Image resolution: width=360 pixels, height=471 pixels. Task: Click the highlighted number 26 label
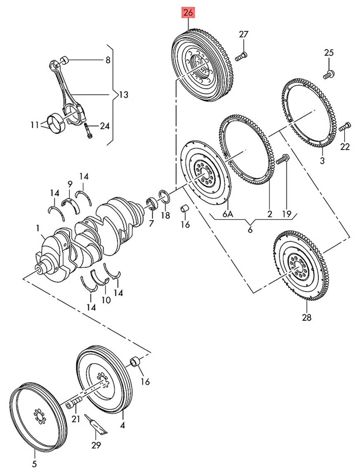[188, 12]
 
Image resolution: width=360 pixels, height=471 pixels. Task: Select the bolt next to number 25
[328, 75]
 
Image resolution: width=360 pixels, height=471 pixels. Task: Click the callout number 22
[345, 146]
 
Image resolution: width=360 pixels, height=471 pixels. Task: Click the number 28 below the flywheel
[306, 317]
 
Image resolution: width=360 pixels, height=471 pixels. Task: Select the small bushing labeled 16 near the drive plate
[186, 209]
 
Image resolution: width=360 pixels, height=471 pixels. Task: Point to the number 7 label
[151, 223]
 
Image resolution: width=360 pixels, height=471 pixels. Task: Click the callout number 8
[108, 60]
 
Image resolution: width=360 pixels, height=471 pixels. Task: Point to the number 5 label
[34, 463]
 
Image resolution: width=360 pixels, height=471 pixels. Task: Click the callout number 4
[122, 426]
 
